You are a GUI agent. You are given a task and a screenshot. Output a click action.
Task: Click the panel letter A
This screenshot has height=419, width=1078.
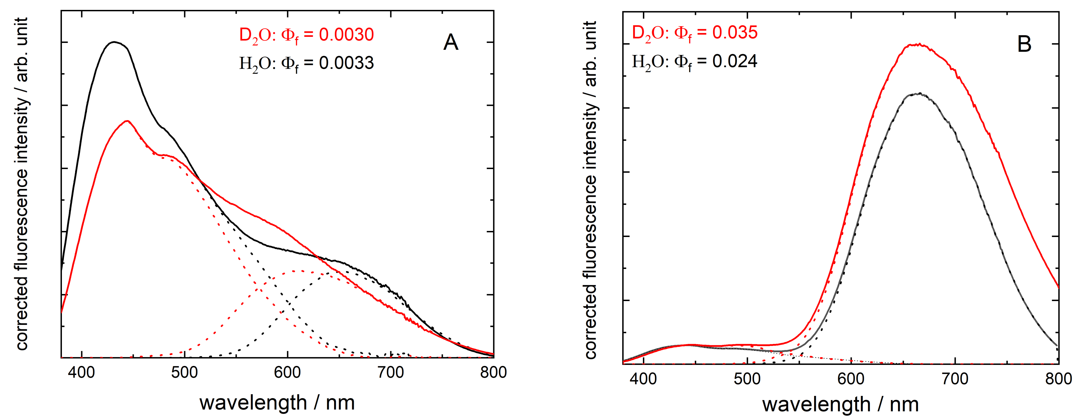tap(451, 42)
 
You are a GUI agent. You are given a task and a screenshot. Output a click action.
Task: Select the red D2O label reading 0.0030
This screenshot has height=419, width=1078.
tap(306, 35)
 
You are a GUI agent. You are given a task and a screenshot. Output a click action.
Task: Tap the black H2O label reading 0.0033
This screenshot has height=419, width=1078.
tap(306, 63)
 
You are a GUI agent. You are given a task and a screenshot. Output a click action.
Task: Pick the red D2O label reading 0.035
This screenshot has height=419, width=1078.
tap(695, 33)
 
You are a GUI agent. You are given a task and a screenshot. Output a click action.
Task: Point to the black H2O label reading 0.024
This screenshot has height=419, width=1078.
tap(695, 62)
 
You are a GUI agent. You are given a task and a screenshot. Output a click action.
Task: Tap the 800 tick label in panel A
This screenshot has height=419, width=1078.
tap(493, 372)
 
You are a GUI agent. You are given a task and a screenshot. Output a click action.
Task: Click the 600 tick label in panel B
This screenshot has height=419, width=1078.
tap(851, 379)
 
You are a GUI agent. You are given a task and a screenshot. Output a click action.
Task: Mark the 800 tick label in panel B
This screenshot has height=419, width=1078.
tap(1058, 379)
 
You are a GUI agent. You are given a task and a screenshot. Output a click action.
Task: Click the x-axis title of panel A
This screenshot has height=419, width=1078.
tap(277, 403)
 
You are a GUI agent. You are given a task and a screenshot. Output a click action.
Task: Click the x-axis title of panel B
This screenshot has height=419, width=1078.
tap(840, 404)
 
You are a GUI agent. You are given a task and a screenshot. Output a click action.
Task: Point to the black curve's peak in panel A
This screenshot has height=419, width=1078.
tap(114, 42)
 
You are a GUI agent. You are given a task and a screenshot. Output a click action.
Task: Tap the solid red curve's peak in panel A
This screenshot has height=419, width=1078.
tap(127, 121)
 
